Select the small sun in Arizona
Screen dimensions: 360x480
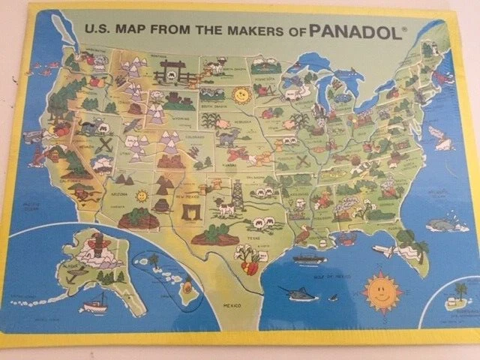tap(140, 197)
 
